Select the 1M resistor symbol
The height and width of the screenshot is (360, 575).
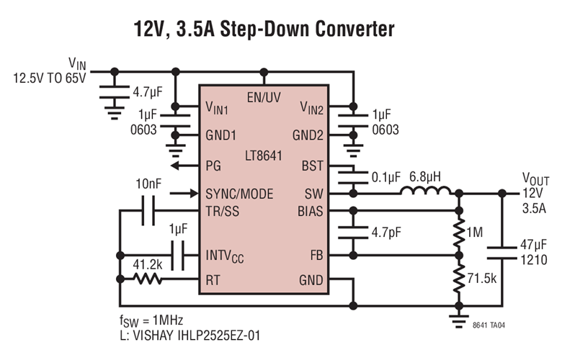(x=457, y=233)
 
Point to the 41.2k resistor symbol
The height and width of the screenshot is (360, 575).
(x=147, y=279)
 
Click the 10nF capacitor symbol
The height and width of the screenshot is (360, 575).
(x=149, y=211)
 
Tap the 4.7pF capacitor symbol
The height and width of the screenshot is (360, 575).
(x=353, y=233)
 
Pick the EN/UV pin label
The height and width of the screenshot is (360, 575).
(x=264, y=96)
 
